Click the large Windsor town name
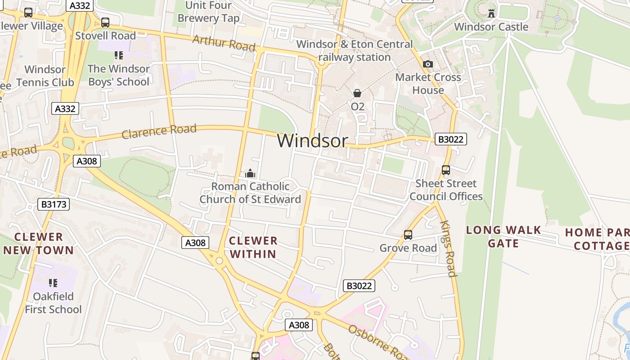click(312, 141)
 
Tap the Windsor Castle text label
click(491, 27)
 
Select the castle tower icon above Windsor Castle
click(491, 13)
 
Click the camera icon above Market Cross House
click(428, 64)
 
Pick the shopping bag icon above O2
click(357, 93)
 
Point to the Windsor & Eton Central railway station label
click(355, 51)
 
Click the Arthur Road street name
click(224, 43)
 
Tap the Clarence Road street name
click(159, 131)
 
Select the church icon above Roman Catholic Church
click(250, 173)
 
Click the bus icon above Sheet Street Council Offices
click(446, 170)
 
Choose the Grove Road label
click(408, 248)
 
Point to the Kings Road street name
click(448, 248)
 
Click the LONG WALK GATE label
click(503, 237)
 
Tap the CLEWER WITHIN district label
click(253, 247)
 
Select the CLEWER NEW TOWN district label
click(38, 243)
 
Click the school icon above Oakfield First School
click(53, 283)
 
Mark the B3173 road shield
click(54, 204)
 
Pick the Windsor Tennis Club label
click(45, 76)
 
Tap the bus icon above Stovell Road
click(105, 22)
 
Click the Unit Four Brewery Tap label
click(208, 12)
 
